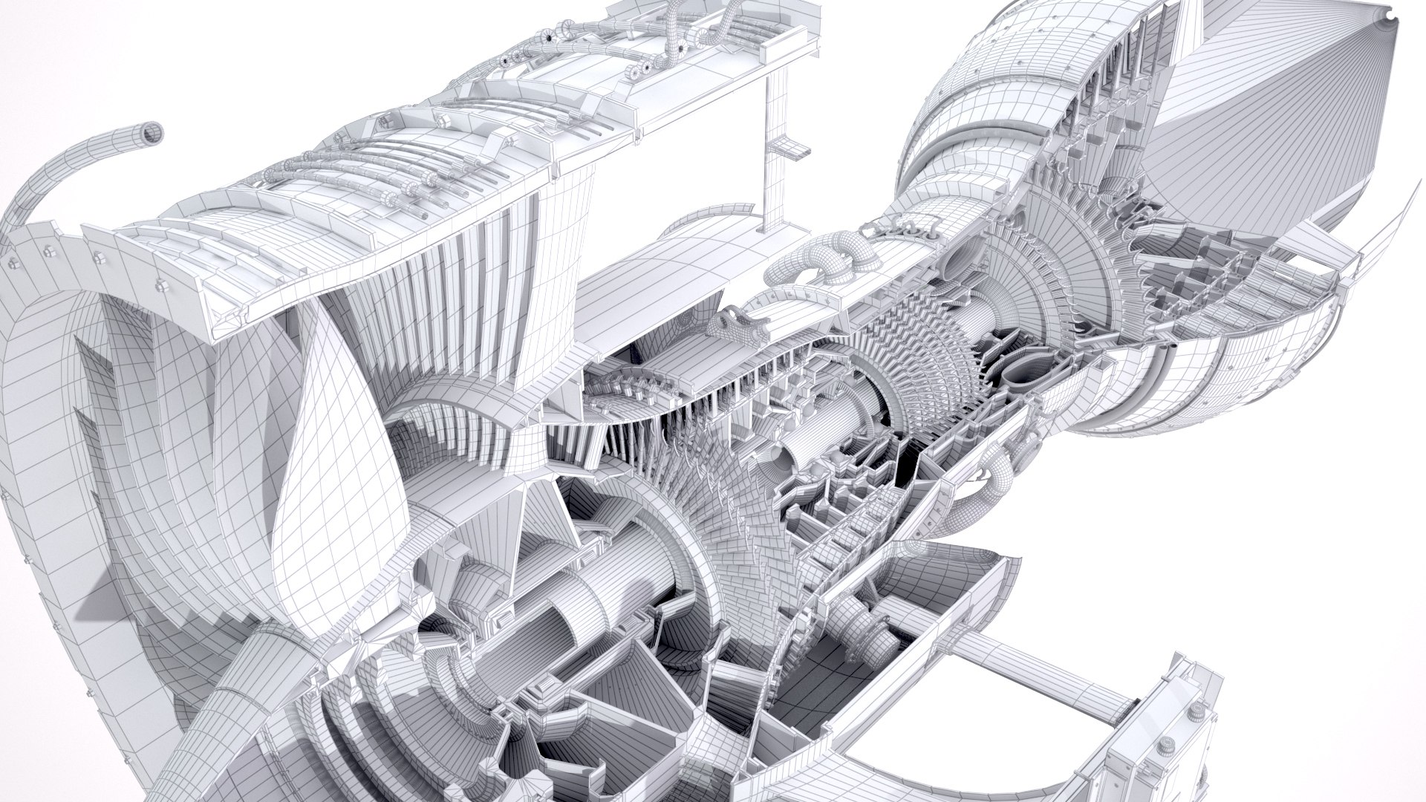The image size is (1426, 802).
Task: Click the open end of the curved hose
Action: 152,131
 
